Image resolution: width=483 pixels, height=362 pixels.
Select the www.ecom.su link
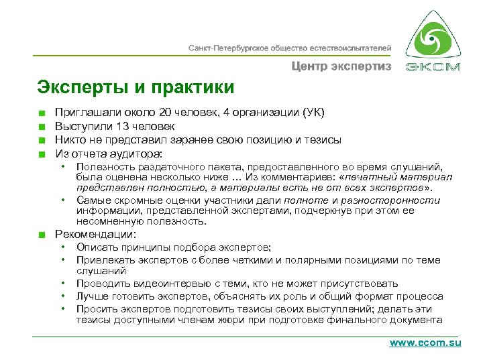425,343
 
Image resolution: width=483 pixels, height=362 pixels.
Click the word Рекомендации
95,235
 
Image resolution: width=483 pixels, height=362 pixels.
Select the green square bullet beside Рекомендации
42,235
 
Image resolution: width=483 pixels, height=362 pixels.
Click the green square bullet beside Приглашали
42,113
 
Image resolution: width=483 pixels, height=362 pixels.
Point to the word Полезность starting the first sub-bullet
105,166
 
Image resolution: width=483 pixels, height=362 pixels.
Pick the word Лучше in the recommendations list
92,296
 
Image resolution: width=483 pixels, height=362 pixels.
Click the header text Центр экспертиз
341,66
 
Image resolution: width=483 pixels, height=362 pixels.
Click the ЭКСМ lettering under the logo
433,66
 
